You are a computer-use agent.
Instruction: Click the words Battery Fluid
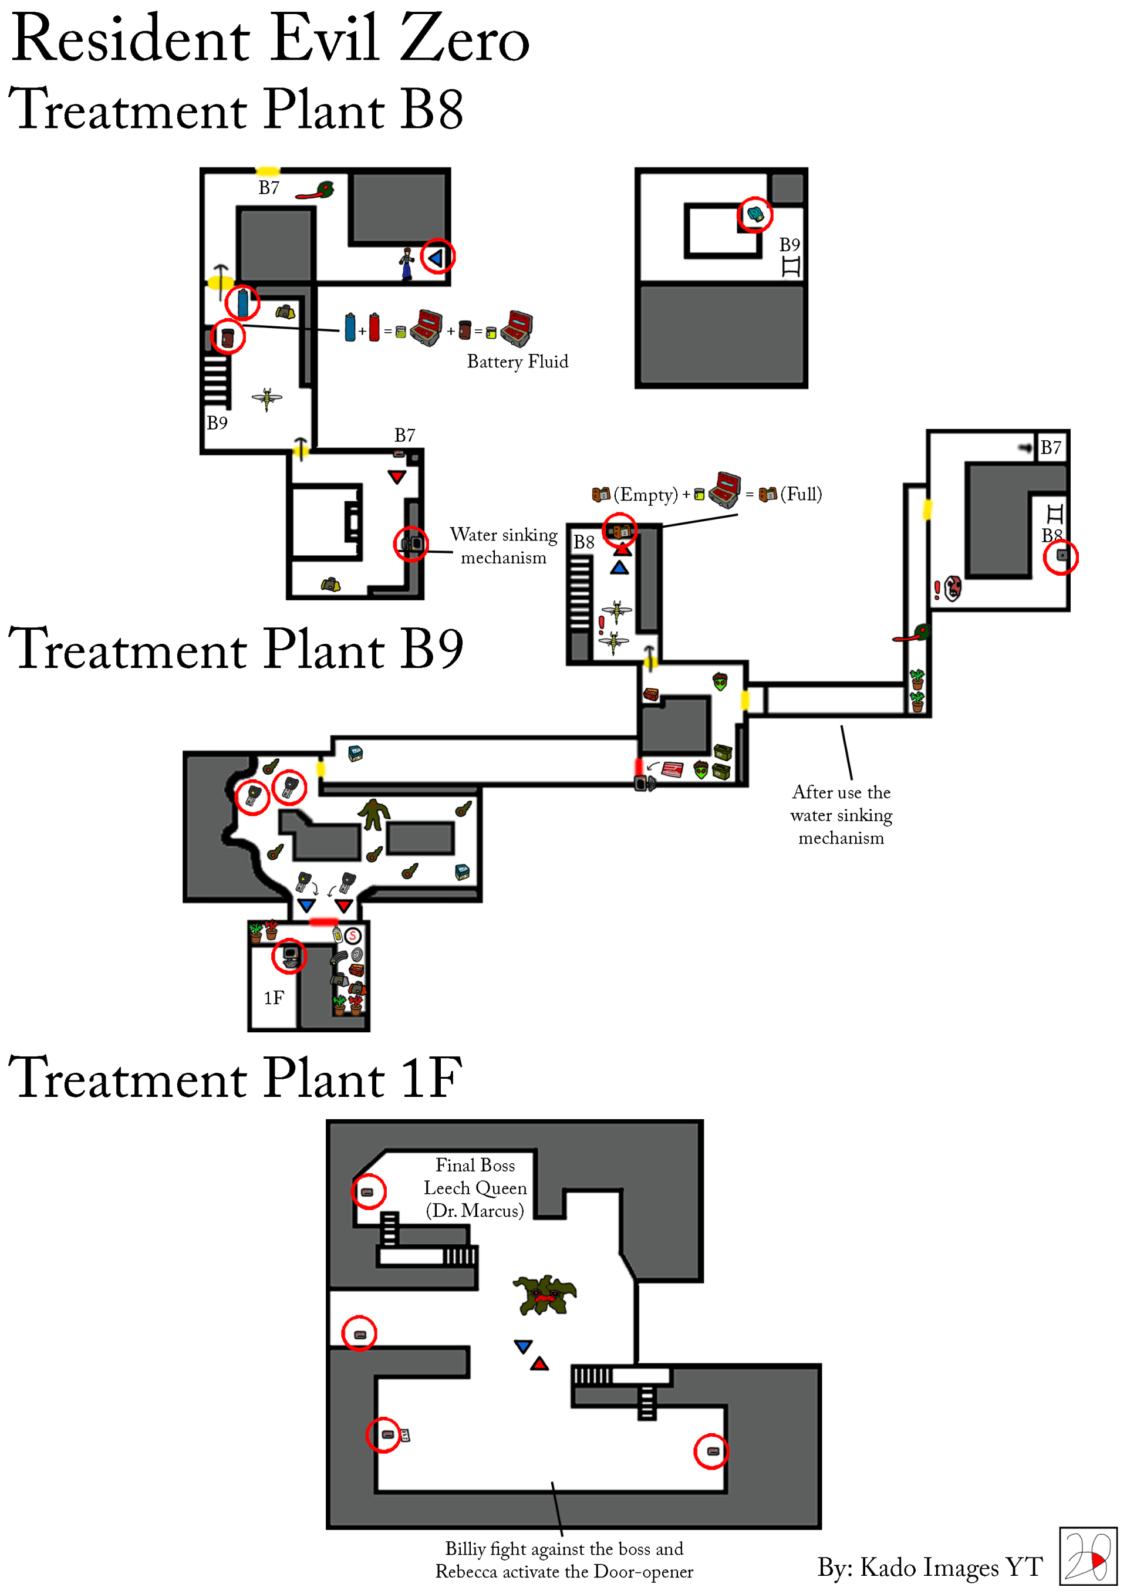pos(517,362)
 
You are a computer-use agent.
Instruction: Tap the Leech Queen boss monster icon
pos(544,1295)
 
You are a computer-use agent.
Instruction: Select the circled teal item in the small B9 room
pos(755,215)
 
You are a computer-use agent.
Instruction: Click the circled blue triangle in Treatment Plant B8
pos(437,258)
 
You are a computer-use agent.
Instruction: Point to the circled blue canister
pos(242,303)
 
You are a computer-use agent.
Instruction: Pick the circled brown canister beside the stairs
pos(228,338)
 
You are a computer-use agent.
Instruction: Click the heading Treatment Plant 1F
pos(235,1078)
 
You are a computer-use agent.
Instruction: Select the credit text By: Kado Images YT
pos(930,1567)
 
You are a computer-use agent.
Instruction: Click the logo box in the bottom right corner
pos(1088,1556)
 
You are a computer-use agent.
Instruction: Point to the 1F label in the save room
pos(274,998)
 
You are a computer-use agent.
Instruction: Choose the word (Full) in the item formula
pos(801,494)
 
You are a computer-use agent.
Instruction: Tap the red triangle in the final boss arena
pos(539,1364)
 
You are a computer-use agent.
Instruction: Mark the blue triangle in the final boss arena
pos(523,1346)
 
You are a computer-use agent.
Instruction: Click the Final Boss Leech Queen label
pos(475,1187)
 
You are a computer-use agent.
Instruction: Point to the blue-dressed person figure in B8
pos(407,263)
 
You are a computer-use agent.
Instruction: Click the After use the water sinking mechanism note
pos(841,815)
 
